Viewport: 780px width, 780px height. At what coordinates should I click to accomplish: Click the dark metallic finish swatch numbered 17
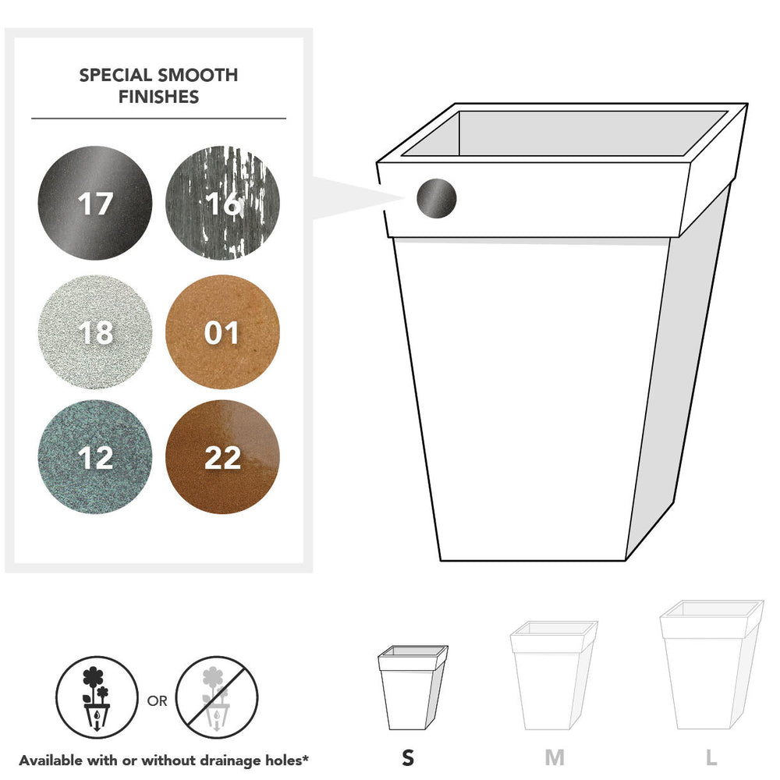[95, 203]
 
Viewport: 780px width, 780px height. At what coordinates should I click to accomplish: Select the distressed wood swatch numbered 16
[222, 203]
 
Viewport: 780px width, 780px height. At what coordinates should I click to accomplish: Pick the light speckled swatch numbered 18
[95, 331]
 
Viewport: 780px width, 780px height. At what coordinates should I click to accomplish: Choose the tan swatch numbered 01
[222, 331]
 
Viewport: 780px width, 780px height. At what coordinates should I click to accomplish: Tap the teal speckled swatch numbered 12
[95, 457]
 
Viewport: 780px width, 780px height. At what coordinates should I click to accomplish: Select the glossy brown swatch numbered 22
[222, 457]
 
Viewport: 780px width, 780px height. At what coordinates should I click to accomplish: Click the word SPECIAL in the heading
[115, 75]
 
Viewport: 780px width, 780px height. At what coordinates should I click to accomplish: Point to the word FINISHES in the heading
[158, 97]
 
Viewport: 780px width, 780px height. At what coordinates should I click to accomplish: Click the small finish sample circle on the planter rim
[436, 198]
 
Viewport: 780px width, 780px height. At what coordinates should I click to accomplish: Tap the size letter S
[408, 757]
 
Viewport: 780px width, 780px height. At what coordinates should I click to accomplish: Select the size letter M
[555, 757]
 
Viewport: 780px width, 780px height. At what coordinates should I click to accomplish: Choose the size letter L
[711, 757]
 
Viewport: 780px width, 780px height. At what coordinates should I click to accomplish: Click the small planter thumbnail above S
[413, 687]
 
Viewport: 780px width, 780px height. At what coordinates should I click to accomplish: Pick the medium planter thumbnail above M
[554, 675]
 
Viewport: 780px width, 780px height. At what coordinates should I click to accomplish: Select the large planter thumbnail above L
[711, 665]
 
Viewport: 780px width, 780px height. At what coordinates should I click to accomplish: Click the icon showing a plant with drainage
[97, 697]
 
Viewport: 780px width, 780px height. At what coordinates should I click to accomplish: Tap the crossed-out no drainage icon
[217, 697]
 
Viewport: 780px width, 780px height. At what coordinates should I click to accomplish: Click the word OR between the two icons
[158, 701]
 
